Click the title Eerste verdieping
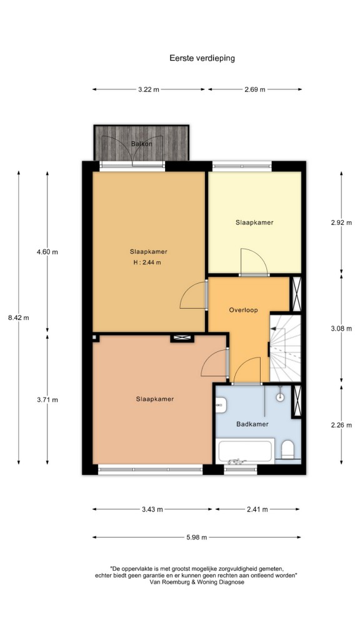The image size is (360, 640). click(x=202, y=58)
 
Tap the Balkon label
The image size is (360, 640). click(x=142, y=144)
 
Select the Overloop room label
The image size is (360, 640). click(x=243, y=310)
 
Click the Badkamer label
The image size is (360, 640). click(x=252, y=424)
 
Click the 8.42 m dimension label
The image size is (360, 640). click(x=18, y=317)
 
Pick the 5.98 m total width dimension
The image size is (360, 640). click(x=196, y=537)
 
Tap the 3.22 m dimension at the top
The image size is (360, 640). click(x=149, y=89)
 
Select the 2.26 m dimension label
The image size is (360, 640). click(x=341, y=425)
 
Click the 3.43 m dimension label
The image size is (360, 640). click(x=152, y=509)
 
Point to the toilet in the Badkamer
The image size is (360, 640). click(x=288, y=449)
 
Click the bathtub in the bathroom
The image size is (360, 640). click(x=245, y=451)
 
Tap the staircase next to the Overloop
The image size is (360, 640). click(x=285, y=348)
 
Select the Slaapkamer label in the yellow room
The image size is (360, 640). click(x=254, y=222)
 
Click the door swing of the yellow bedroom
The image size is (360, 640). click(x=254, y=262)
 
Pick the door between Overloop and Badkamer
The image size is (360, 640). click(x=246, y=371)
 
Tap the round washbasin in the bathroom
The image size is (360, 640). click(x=280, y=396)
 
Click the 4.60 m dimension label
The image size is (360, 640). click(x=47, y=252)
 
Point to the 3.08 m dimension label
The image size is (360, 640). click(x=341, y=328)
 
